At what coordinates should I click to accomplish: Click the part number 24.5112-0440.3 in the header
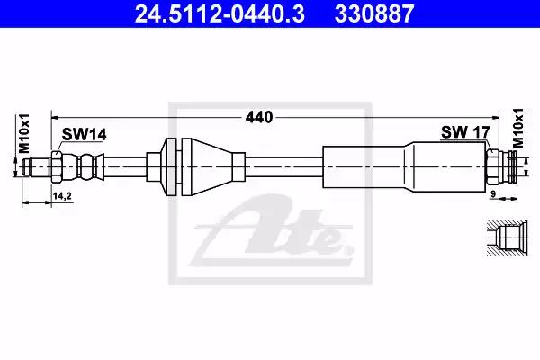coord(220,13)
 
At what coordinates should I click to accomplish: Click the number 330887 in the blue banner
coord(374,13)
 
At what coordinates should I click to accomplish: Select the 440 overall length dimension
coord(259,118)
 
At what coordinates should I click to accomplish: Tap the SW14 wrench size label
coord(84,134)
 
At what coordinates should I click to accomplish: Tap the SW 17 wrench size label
coord(465,132)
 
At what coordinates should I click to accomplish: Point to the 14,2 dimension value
coord(62,196)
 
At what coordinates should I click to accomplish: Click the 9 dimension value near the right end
coord(493,194)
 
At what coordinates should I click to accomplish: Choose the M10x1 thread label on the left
coord(24,134)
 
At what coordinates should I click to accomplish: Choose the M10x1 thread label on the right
coord(517,128)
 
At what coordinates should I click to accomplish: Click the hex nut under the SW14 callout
coord(57,167)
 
